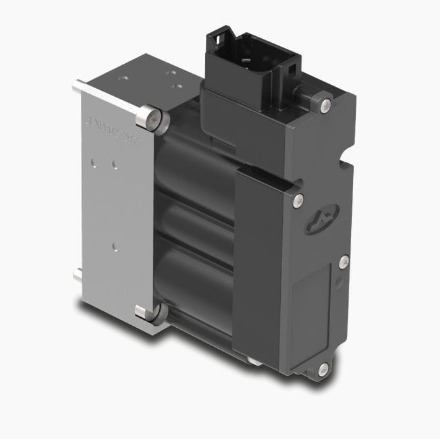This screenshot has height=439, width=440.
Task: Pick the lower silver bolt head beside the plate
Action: (147, 313)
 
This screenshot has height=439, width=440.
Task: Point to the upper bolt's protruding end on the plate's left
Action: (76, 86)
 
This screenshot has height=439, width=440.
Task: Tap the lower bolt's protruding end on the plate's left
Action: (77, 274)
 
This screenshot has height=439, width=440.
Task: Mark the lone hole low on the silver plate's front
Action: (114, 247)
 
